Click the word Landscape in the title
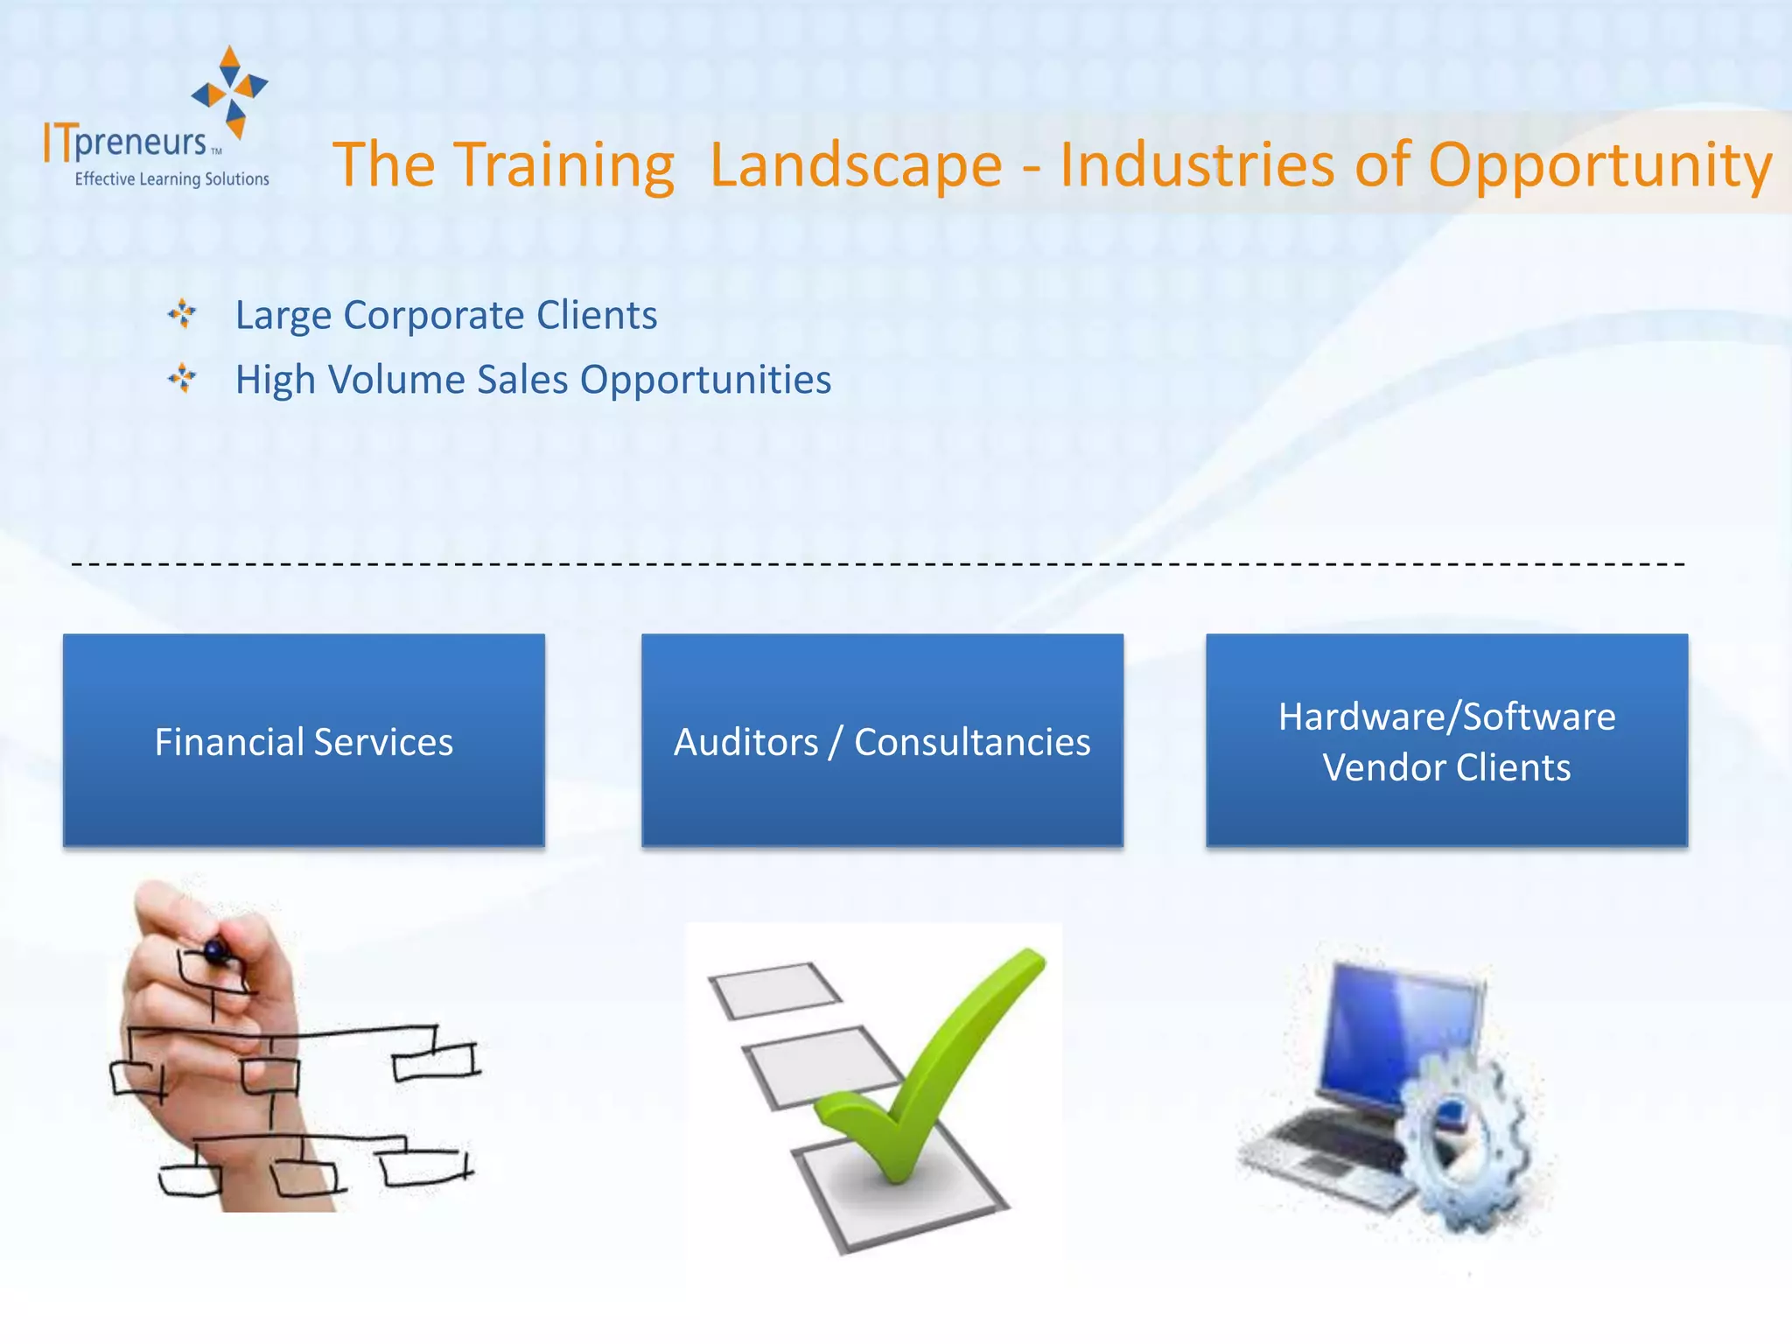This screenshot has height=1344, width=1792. (x=856, y=164)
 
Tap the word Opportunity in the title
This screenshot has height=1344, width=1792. (x=1599, y=164)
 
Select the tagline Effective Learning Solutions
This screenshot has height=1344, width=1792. (x=171, y=179)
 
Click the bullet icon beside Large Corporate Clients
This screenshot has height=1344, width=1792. (x=182, y=313)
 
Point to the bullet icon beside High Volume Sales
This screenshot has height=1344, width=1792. (x=182, y=378)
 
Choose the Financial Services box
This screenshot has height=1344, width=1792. (x=304, y=740)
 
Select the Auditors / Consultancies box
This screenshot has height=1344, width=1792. (x=882, y=740)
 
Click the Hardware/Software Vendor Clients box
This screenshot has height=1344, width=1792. (x=1446, y=740)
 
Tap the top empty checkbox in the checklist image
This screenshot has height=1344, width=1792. (x=774, y=990)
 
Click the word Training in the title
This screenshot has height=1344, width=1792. (x=564, y=164)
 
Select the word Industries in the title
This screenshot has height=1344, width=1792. (x=1197, y=164)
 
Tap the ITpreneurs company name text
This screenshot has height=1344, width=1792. (x=127, y=143)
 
